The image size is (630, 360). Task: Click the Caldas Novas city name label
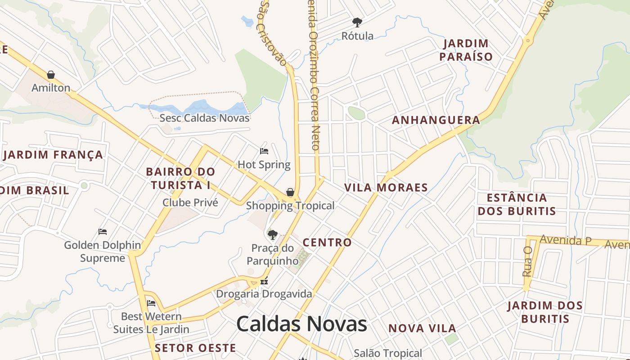click(301, 324)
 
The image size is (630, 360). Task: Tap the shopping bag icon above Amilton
click(51, 75)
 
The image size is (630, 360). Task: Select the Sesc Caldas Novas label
click(204, 118)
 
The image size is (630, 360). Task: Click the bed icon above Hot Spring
click(264, 151)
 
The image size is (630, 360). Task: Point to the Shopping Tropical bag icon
click(290, 192)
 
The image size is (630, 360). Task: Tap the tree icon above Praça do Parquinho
click(272, 234)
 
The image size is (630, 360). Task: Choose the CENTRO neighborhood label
click(327, 242)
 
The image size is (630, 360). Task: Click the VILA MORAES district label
click(386, 187)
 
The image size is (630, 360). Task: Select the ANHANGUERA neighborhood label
click(436, 120)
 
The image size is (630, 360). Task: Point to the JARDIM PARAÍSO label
click(466, 50)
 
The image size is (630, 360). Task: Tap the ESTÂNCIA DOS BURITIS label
click(517, 204)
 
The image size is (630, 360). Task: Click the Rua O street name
click(527, 261)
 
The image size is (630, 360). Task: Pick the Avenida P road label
click(565, 240)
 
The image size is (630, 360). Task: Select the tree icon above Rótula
click(357, 22)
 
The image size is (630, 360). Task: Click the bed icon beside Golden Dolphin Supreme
click(103, 232)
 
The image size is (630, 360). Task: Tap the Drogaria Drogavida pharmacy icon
click(264, 282)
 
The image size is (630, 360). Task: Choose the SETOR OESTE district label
click(195, 348)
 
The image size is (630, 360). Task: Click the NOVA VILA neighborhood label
click(422, 328)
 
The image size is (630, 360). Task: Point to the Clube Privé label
click(190, 202)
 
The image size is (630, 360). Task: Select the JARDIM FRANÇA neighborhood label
click(53, 155)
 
